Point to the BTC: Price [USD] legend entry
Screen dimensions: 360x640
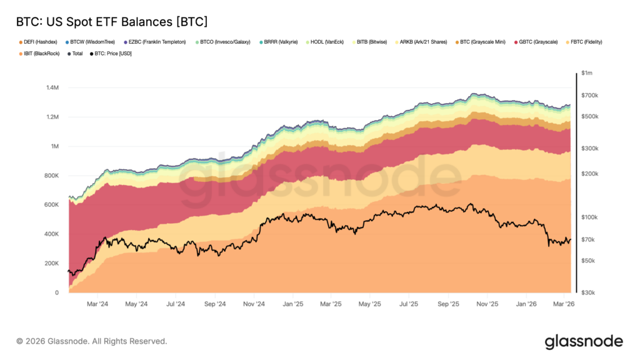coord(113,54)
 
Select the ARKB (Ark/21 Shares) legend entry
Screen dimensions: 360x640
coord(425,42)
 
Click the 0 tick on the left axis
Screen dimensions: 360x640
coord(56,292)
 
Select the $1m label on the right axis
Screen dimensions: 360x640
coord(587,73)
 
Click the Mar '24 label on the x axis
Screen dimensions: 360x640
coord(97,304)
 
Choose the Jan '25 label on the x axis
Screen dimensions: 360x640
coord(292,304)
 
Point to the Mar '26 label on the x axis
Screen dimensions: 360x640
coord(564,304)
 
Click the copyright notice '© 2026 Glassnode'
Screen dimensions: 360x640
coord(92,341)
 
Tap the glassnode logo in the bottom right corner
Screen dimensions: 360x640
coord(583,341)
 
